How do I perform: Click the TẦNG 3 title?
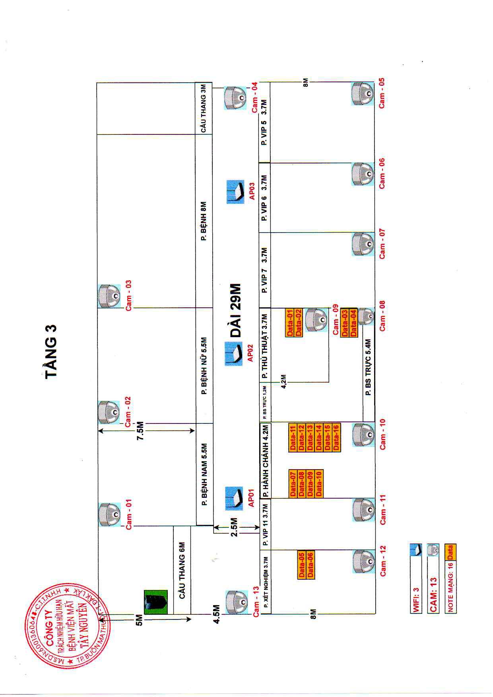[51, 351]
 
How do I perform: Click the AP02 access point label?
[250, 353]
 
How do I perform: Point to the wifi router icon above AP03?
[235, 192]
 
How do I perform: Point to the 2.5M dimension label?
[235, 527]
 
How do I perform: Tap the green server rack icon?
[155, 602]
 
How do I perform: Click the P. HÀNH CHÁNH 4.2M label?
[266, 461]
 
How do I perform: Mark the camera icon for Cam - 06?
[363, 174]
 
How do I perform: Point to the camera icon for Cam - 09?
[317, 319]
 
